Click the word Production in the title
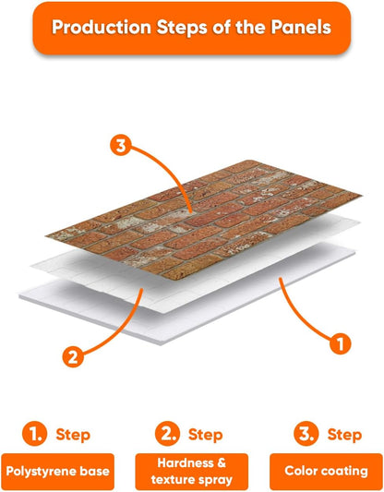102,27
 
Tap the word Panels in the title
301,27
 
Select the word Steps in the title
182,28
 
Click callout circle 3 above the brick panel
121,146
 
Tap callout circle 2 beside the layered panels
73,356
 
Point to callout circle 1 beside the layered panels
341,343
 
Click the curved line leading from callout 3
171,171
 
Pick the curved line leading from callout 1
300,317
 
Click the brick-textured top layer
204,220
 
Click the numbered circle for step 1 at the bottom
34,434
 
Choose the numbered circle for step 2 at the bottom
167,434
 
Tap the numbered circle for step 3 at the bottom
306,434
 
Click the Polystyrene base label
58,472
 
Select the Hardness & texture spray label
192,472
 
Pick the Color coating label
326,472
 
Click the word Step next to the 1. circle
73,436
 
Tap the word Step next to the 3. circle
344,436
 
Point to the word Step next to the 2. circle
206,436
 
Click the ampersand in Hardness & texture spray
222,462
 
